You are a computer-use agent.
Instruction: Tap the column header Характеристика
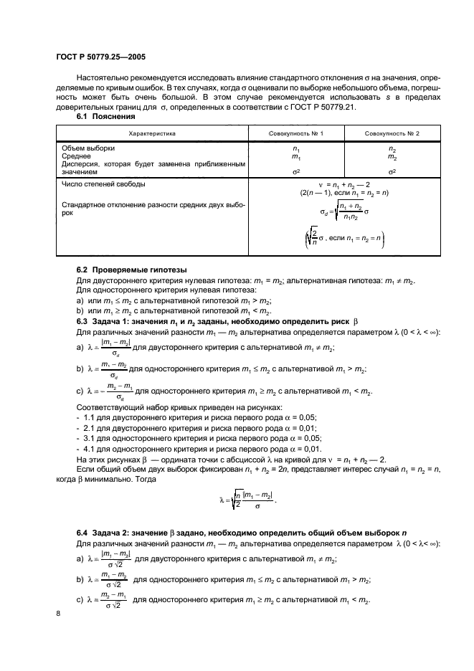tap(152, 134)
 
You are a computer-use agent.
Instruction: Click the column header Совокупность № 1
tap(296, 134)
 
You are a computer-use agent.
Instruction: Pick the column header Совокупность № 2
tap(392, 134)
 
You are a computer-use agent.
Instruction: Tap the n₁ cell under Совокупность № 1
tap(296, 148)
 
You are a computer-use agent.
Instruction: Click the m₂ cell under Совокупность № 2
tap(392, 156)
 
